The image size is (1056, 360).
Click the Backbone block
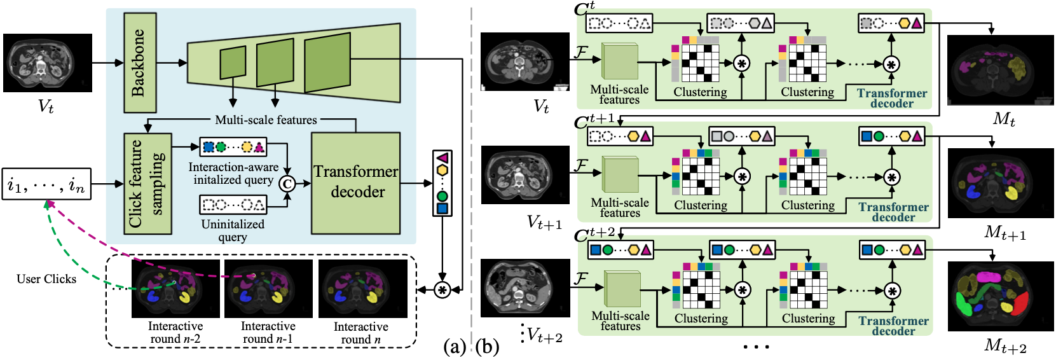(138, 63)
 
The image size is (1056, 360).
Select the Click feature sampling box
(147, 183)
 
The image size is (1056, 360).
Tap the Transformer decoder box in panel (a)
(356, 183)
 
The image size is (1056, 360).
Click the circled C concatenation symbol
(287, 184)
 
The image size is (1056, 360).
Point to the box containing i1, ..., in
(46, 184)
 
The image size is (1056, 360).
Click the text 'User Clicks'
(46, 279)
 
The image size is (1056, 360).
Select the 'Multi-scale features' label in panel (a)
(266, 120)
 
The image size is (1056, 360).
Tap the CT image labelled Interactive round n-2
(175, 289)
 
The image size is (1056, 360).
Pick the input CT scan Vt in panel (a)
(47, 63)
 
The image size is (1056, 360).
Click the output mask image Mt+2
(991, 296)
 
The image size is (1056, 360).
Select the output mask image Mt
(991, 70)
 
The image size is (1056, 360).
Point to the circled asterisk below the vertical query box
(442, 290)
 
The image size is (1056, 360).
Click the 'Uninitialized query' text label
(233, 231)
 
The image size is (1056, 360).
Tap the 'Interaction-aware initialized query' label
(233, 173)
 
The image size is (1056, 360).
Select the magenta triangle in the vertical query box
(442, 157)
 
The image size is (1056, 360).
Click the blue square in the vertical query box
(442, 208)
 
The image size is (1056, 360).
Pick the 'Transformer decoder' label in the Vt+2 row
(893, 326)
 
